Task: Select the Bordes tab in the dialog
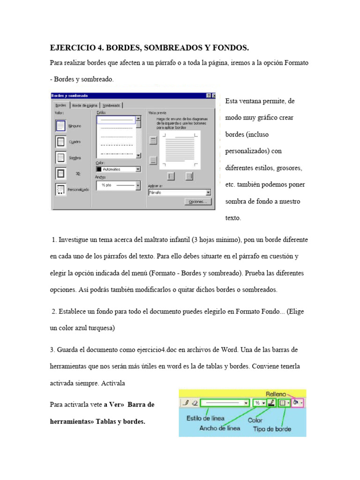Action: (x=60, y=105)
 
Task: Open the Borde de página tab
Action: (x=85, y=105)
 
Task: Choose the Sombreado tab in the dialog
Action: (x=112, y=105)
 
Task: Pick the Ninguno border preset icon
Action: (x=60, y=126)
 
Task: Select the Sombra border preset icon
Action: (x=60, y=157)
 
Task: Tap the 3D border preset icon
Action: (x=60, y=173)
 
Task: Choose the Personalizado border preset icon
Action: (x=60, y=189)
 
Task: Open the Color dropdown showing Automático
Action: (x=118, y=169)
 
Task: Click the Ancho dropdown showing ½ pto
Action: (x=118, y=185)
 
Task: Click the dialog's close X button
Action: (x=214, y=96)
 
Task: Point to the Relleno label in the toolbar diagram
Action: (x=277, y=394)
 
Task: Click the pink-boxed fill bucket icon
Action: (x=296, y=403)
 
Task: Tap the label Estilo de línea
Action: (x=205, y=418)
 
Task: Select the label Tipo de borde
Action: (x=272, y=428)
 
